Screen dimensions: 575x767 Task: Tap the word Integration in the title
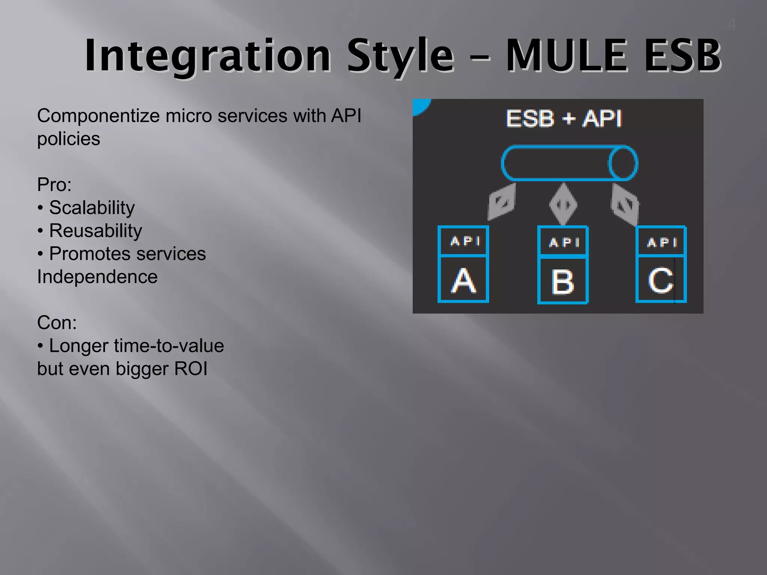[x=208, y=56]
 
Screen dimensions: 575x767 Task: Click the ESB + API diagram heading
[x=564, y=119]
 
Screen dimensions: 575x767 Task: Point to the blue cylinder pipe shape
[x=569, y=163]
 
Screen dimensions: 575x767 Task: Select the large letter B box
[x=563, y=280]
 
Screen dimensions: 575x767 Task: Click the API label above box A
[x=465, y=241]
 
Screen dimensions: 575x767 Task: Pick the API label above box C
[x=662, y=242]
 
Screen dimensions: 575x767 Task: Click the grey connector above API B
[x=563, y=204]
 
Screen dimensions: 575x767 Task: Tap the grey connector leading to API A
[x=502, y=202]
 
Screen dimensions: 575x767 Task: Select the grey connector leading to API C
[x=625, y=204]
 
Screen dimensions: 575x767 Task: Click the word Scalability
[x=92, y=208]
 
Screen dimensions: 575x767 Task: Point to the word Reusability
[x=96, y=231]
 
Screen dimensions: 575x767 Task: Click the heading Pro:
[x=54, y=185]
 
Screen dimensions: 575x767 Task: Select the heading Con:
[x=57, y=323]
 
